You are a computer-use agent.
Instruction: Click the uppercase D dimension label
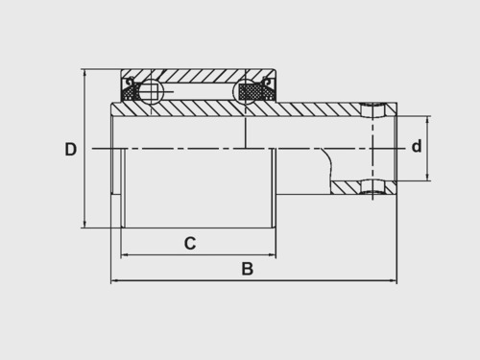(x=71, y=149)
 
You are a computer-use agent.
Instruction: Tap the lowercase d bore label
(x=417, y=146)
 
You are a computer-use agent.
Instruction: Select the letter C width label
(x=190, y=243)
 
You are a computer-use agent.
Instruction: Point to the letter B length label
(x=248, y=269)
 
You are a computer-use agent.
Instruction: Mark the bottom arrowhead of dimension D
(x=84, y=224)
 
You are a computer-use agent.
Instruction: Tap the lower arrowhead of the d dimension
(x=427, y=177)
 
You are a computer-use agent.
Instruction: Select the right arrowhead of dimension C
(x=272, y=255)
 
